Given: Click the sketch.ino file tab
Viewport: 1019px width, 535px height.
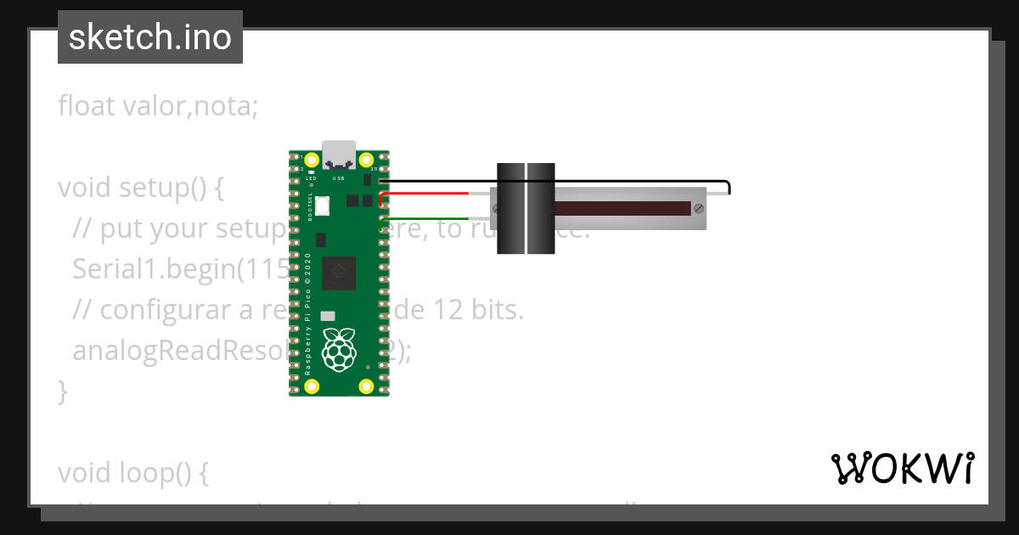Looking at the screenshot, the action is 149,37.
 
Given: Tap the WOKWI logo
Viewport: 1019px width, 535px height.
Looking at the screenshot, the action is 902,469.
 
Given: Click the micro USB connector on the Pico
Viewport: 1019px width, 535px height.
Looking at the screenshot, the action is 339,153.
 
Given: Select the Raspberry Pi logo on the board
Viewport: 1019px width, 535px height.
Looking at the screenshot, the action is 340,348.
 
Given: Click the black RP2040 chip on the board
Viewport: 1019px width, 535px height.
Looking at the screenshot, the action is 339,272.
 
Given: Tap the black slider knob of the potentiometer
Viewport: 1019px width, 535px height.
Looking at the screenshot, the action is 526,208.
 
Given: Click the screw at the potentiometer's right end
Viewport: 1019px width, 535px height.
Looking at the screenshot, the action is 698,208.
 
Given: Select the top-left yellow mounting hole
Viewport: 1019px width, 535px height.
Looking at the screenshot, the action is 312,160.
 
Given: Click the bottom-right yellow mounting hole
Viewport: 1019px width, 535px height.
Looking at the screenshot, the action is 366,386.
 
